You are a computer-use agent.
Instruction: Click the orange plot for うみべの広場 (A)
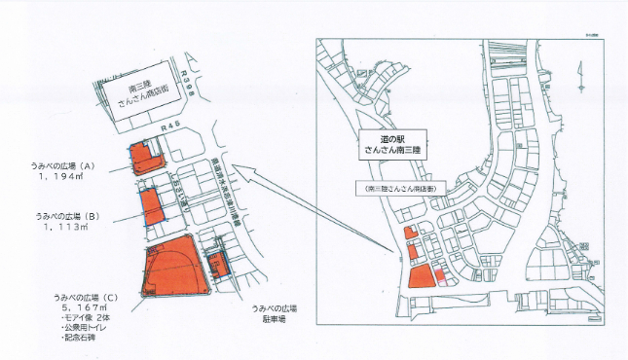[x=145, y=159]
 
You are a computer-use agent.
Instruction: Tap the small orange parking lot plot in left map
[x=217, y=265]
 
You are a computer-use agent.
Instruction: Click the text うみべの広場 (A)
[x=61, y=165]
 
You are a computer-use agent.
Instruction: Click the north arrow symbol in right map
[x=580, y=72]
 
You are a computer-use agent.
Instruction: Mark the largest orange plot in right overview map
[x=419, y=276]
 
